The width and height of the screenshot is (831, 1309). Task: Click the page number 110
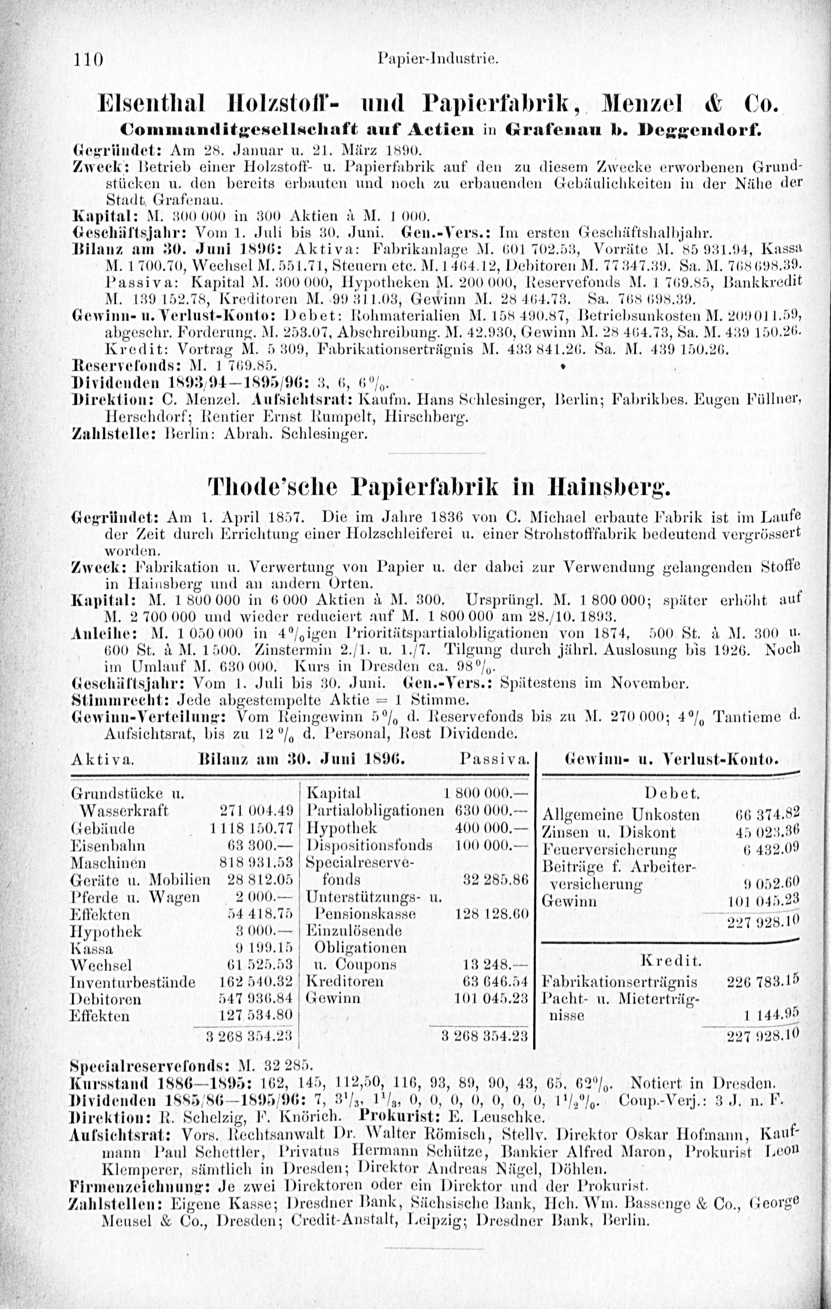pos(88,59)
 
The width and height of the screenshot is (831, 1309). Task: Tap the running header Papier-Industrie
pos(438,58)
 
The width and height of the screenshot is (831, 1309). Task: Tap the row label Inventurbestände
pos(133,982)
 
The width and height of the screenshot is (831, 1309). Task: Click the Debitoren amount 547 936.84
pos(256,999)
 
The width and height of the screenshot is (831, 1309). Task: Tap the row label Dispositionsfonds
pos(369,846)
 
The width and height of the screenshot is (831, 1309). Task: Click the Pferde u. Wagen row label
pos(135,897)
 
